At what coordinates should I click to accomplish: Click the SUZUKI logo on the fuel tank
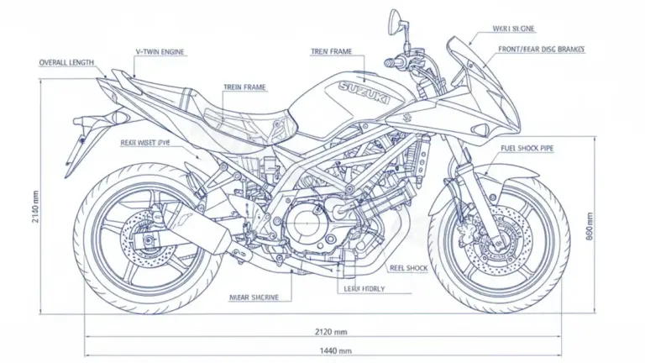tap(363, 92)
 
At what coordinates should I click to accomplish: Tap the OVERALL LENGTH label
tap(67, 63)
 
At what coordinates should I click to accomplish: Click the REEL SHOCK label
tap(408, 268)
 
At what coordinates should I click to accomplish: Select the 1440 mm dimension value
tap(335, 350)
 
